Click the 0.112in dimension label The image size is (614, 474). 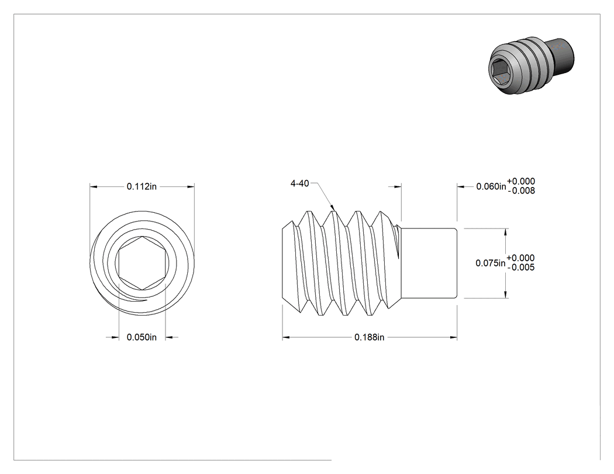tap(142, 186)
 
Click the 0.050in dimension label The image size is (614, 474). tap(142, 337)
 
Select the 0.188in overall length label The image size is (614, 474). tap(369, 337)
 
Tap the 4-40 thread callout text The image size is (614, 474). tap(299, 183)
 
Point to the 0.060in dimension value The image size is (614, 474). tap(491, 186)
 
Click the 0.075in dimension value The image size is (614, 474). tap(490, 263)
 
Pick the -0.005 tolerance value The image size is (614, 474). tap(521, 267)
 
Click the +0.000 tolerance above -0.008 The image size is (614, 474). tap(521, 181)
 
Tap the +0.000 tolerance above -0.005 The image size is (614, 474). tap(520, 258)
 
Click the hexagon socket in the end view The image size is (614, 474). tap(142, 264)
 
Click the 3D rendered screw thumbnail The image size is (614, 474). tap(532, 66)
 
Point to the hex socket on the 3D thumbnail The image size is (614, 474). tap(502, 72)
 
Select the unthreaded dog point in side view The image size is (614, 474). tap(429, 263)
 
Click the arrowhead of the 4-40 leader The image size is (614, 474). tap(333, 207)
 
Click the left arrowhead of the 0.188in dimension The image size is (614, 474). tap(286, 337)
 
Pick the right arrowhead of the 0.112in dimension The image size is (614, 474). tap(191, 186)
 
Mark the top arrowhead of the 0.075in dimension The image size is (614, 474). tap(506, 232)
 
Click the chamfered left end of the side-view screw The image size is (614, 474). tap(290, 264)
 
